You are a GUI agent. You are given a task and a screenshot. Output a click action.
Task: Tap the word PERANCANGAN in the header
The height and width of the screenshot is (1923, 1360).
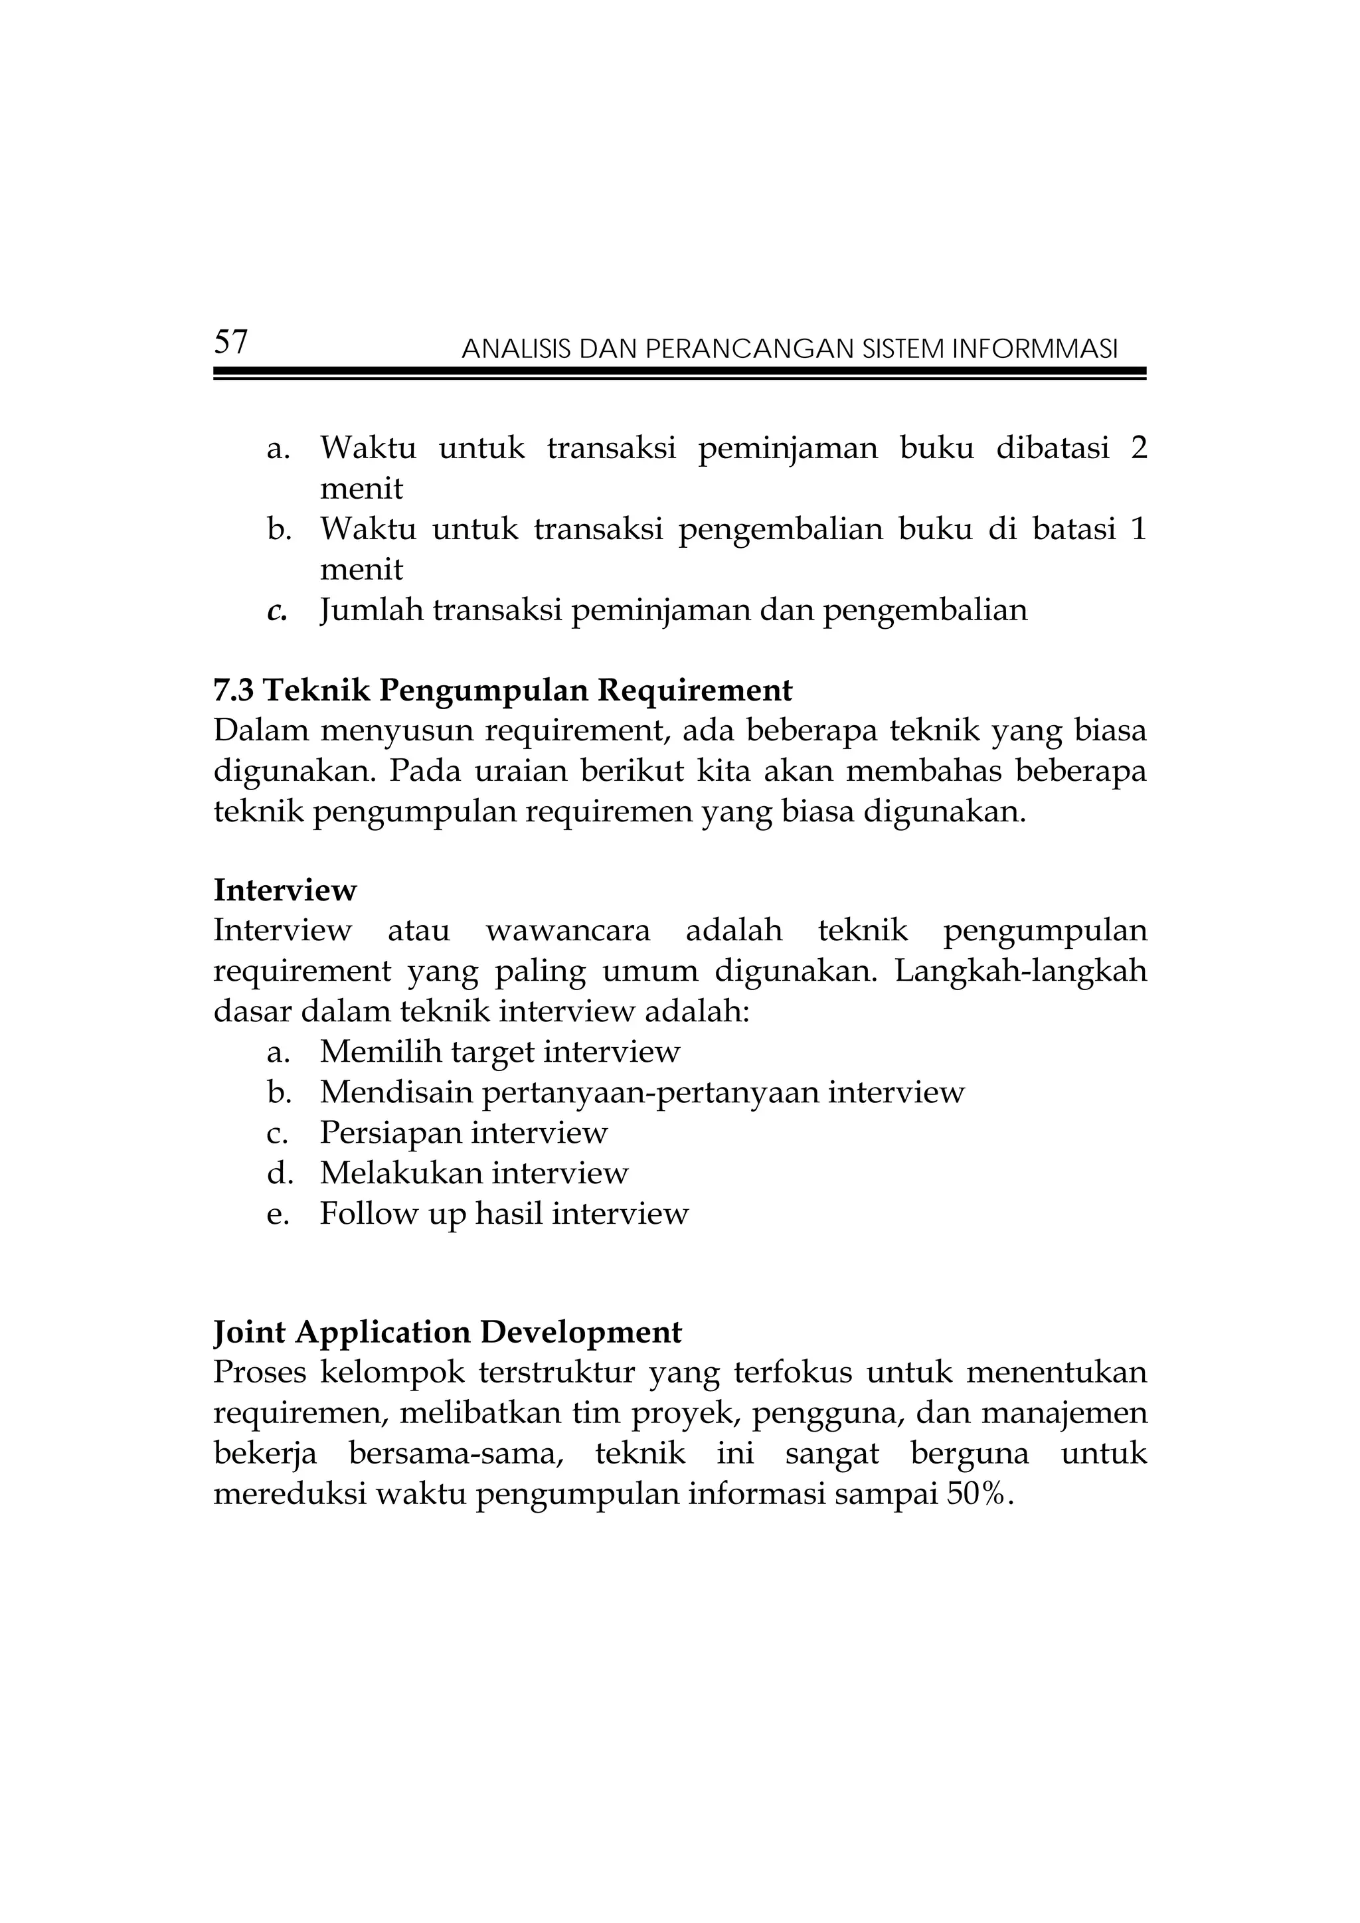click(750, 349)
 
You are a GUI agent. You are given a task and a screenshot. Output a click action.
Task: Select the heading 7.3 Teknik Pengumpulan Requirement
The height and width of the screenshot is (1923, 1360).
click(503, 691)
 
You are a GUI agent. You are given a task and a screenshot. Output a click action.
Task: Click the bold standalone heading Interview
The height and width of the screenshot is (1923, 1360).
click(285, 890)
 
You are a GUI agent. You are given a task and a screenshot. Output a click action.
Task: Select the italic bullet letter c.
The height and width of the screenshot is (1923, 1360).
click(276, 612)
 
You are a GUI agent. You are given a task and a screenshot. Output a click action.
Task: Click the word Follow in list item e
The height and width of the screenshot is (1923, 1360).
click(369, 1214)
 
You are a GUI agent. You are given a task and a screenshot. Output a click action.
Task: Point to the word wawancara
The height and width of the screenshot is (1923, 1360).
click(568, 930)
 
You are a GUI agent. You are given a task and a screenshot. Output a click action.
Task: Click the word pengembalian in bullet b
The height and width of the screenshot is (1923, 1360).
click(780, 530)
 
